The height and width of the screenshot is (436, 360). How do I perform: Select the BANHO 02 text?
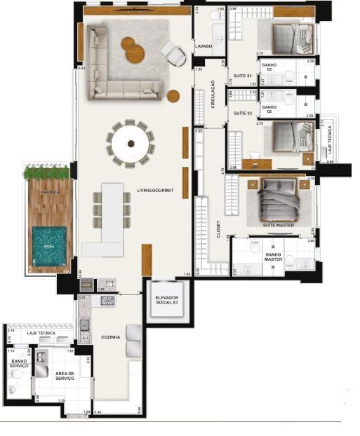coord(269,109)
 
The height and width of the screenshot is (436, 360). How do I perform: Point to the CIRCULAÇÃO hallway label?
coord(213,93)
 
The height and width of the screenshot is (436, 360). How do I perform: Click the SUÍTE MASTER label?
coord(279,224)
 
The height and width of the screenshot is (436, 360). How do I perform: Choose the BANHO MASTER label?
coord(273,257)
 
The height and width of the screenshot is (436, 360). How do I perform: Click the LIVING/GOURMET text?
coord(155,190)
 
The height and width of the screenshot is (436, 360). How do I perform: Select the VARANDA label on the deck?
coord(49,191)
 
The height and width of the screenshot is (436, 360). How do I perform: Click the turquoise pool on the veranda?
coord(50,246)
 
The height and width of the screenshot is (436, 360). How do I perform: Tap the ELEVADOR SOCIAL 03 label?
coord(167,301)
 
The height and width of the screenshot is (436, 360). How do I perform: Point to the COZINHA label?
coord(110,337)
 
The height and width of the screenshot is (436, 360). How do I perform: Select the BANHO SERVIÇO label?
coord(18,363)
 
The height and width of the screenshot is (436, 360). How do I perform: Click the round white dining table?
coord(132,143)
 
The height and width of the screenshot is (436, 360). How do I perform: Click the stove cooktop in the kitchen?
coord(107,301)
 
